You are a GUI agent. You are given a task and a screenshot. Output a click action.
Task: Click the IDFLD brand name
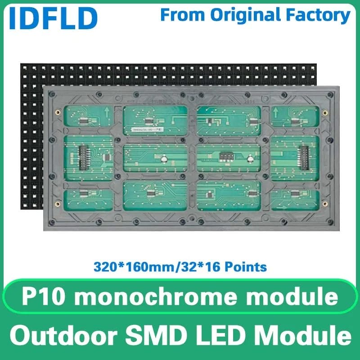click(x=53, y=17)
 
